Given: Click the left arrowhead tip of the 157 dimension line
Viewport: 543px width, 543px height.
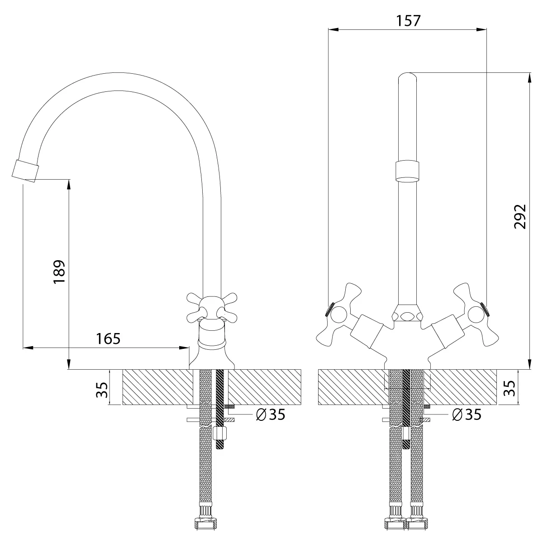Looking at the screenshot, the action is (328, 29).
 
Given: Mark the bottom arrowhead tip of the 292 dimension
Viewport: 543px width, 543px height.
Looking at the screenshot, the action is (530, 369).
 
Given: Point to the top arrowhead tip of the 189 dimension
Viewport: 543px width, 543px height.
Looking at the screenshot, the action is (69, 180).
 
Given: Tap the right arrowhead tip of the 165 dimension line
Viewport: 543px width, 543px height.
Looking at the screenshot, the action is (189, 348).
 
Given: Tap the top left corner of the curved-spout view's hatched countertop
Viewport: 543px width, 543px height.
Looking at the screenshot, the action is (123, 369).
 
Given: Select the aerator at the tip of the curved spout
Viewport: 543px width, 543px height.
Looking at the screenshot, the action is (25, 171).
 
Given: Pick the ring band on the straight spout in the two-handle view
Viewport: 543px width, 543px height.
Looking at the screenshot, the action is (407, 171).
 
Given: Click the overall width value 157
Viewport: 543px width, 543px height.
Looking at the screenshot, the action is (408, 20).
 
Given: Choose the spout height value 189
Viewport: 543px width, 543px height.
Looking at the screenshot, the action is (59, 272).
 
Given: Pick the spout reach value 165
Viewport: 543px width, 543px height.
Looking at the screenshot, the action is (108, 339).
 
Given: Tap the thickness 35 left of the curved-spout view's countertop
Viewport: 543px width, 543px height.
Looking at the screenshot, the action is (102, 390).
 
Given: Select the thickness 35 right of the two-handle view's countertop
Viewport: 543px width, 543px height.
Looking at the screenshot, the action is (510, 388).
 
